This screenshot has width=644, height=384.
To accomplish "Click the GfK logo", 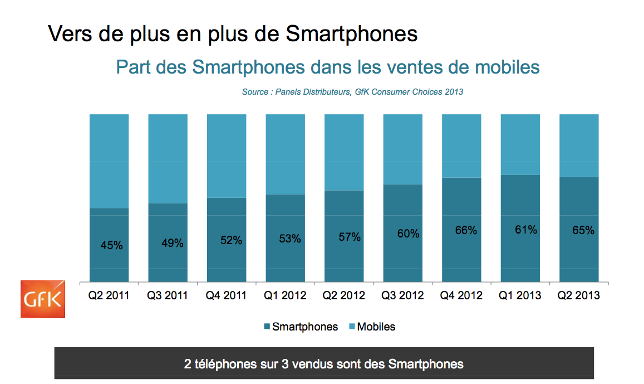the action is (43, 299).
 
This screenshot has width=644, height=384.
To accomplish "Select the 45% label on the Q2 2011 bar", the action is (112, 245).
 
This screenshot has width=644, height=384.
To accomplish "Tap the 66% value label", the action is (466, 230).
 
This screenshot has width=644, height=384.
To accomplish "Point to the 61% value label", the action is (526, 230).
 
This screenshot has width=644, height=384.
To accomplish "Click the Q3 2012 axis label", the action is (402, 295).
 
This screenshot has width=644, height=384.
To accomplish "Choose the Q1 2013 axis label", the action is (520, 295).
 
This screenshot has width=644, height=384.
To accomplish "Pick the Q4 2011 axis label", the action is (226, 295).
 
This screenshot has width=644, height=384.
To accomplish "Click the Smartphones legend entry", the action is (301, 327).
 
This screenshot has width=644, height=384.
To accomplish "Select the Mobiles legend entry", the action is (372, 327).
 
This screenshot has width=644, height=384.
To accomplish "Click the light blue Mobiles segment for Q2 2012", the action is (344, 152).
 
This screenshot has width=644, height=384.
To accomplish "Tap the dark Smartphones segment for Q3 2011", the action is (168, 242).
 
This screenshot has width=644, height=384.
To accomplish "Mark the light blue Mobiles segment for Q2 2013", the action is (579, 145).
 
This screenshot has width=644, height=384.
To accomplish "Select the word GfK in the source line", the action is (362, 92).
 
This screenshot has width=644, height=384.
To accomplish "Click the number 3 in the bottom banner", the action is (285, 364).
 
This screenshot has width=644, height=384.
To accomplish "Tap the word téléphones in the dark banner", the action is (225, 364).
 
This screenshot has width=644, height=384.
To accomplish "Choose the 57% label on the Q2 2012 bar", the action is (350, 237).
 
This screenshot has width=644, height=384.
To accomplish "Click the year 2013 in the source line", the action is (454, 92).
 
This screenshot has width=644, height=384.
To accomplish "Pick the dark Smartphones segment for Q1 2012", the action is (286, 238).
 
